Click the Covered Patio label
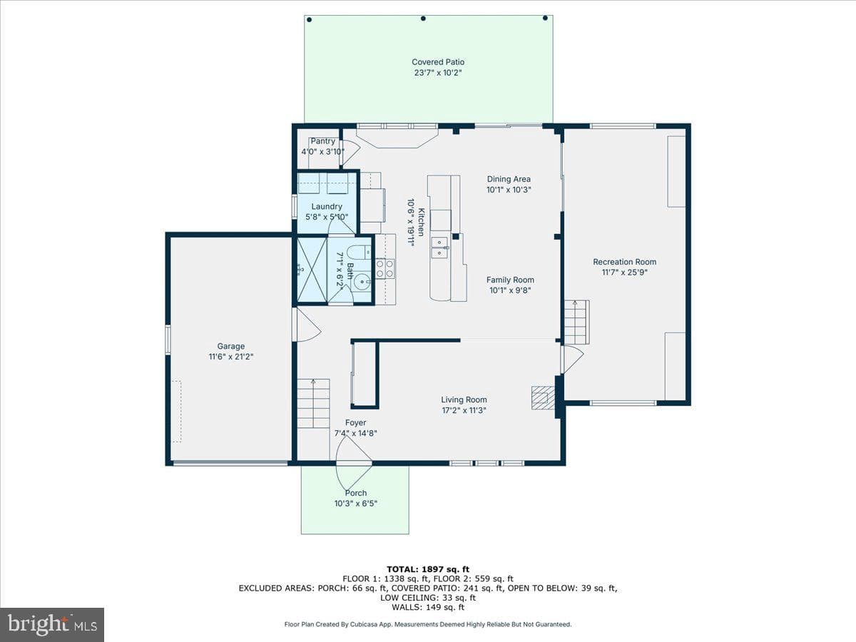pyautogui.click(x=438, y=62)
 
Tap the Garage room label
pyautogui.click(x=231, y=346)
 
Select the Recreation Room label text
pyautogui.click(x=624, y=262)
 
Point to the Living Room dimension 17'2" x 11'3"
pyautogui.click(x=464, y=410)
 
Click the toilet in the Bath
pyautogui.click(x=357, y=253)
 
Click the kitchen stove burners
pyautogui.click(x=385, y=269)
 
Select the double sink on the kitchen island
pyautogui.click(x=439, y=248)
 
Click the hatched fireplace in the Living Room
pyautogui.click(x=543, y=398)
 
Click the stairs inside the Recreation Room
pyautogui.click(x=577, y=322)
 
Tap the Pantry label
pyautogui.click(x=322, y=141)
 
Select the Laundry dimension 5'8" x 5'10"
pyautogui.click(x=327, y=217)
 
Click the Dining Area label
pyautogui.click(x=509, y=179)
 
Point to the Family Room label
pyautogui.click(x=510, y=280)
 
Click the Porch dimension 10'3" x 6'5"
pyautogui.click(x=355, y=503)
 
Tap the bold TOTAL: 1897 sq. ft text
pyautogui.click(x=428, y=569)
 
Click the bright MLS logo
pyautogui.click(x=52, y=624)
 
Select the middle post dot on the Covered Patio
pyautogui.click(x=423, y=19)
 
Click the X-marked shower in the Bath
pyautogui.click(x=312, y=270)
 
